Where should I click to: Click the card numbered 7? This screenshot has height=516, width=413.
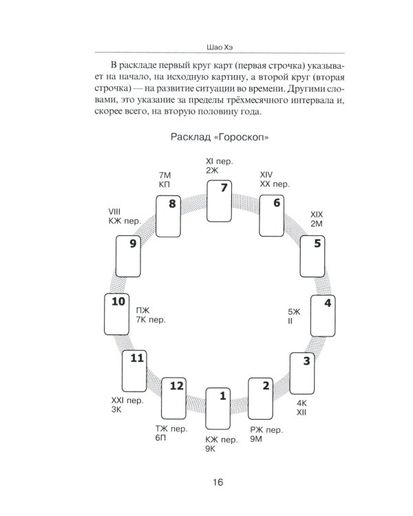[x=220, y=200]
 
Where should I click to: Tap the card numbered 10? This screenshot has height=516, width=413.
[x=118, y=315]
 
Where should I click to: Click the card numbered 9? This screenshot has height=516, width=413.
[x=130, y=256]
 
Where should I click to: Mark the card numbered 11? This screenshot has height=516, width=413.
[x=136, y=371]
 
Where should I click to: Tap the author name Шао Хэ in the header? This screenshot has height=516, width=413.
[x=217, y=46]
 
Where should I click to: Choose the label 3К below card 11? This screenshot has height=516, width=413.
[x=117, y=409]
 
